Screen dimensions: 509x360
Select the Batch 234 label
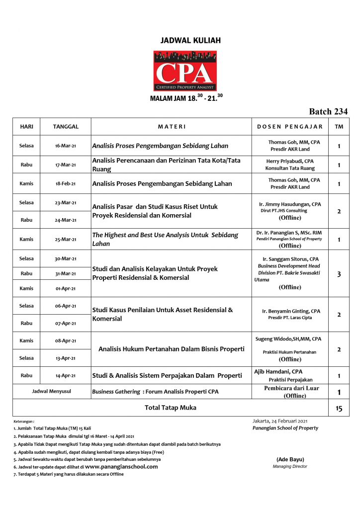click(x=328, y=111)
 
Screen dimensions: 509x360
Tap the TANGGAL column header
click(x=66, y=127)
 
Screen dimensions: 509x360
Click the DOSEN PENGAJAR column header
click(x=290, y=127)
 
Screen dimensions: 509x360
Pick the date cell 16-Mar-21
click(x=66, y=146)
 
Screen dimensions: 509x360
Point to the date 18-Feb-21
click(x=66, y=183)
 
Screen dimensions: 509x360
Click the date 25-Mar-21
click(x=66, y=239)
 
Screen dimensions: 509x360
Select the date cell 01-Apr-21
click(x=66, y=288)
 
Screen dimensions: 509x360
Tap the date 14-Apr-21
click(x=66, y=375)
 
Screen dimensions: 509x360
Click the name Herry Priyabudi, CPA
click(x=290, y=161)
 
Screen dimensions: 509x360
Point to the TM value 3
click(x=339, y=274)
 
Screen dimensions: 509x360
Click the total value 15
click(x=339, y=409)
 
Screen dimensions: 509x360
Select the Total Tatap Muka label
click(x=170, y=408)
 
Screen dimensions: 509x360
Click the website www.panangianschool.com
click(x=121, y=467)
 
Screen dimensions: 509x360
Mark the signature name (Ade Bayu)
click(x=290, y=459)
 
